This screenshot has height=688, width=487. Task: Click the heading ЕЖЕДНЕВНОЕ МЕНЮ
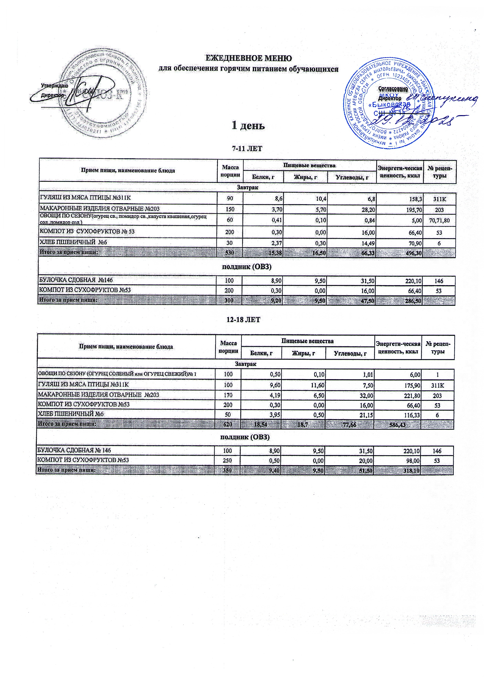(248, 58)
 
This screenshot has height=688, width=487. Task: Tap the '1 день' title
(249, 126)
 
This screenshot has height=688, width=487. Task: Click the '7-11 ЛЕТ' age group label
(248, 149)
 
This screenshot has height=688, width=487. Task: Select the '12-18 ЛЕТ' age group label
(245, 320)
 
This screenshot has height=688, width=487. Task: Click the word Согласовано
(393, 89)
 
